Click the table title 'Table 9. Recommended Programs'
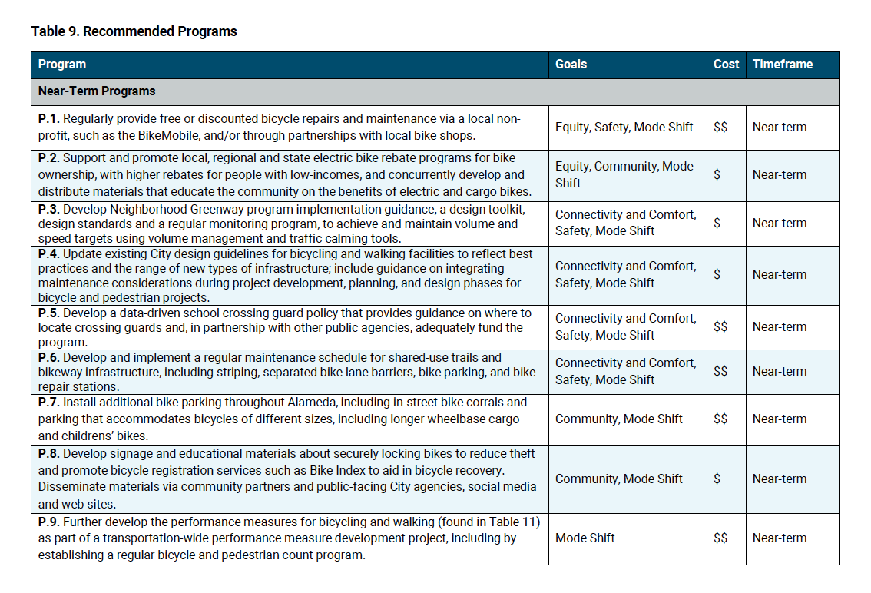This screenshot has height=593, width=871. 134,31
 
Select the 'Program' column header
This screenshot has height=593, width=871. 62,65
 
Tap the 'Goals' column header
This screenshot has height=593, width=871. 571,65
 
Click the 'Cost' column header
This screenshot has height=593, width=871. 726,65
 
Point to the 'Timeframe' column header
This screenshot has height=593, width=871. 782,65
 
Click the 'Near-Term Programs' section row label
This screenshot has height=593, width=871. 97,91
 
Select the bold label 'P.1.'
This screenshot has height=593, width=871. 48,118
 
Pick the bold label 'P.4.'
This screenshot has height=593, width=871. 49,253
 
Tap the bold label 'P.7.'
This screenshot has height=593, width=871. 49,403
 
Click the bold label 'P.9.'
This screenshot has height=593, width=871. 49,522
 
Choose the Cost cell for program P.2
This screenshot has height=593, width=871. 717,175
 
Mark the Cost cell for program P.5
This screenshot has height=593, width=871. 720,327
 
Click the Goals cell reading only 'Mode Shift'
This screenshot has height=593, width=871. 585,538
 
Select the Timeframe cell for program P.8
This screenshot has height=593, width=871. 780,479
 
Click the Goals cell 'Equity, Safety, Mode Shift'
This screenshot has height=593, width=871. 624,128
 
